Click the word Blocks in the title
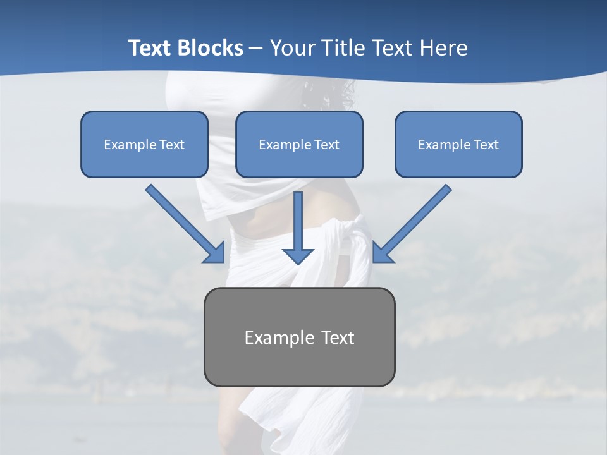[211, 48]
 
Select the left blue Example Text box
[144, 144]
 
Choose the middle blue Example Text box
[299, 144]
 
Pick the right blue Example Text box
[458, 144]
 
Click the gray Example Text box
[299, 337]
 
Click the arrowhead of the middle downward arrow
[298, 255]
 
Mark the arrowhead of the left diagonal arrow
[215, 253]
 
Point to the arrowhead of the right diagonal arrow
[383, 253]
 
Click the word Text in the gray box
[338, 337]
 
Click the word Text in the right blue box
[486, 145]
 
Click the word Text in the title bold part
[152, 48]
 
